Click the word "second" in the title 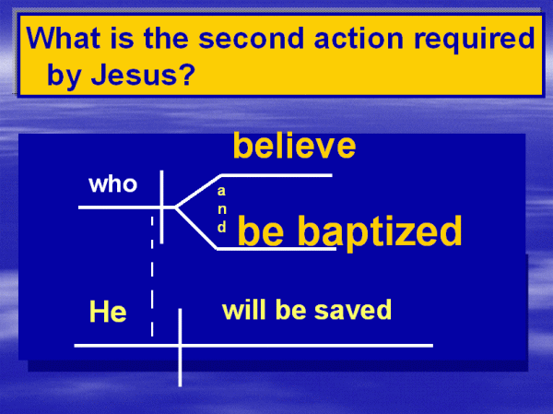click(x=251, y=38)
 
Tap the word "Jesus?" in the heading click(x=143, y=75)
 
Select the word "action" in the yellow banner click(x=359, y=38)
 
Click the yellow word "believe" click(x=295, y=146)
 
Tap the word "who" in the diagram click(x=112, y=184)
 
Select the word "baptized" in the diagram click(x=380, y=231)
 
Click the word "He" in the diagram click(x=108, y=311)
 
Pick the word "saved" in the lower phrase click(x=353, y=310)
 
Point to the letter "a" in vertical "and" click(x=221, y=191)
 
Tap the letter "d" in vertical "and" click(x=221, y=227)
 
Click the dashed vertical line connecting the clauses click(x=152, y=276)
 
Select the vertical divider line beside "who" click(x=161, y=207)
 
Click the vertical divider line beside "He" click(x=180, y=348)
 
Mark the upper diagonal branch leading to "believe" click(x=198, y=191)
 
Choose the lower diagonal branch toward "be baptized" click(x=196, y=229)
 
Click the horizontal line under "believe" click(x=276, y=175)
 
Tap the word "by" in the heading click(x=65, y=77)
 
